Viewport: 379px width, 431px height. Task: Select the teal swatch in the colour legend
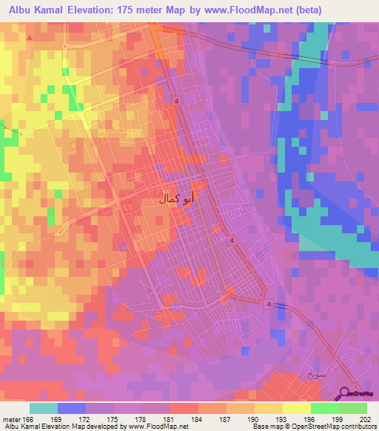pyautogui.click(x=44, y=408)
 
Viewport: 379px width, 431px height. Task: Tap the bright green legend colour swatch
pyautogui.click(x=324, y=408)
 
